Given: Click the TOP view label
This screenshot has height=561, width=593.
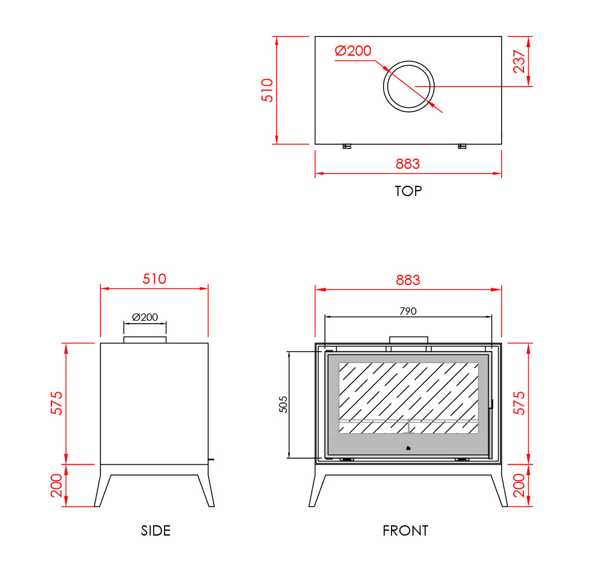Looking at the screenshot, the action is click(408, 191).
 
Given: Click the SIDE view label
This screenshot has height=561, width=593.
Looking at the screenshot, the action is click(156, 531).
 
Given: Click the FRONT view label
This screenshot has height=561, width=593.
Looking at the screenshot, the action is click(405, 531).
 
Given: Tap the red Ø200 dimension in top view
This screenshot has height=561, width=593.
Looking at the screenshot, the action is click(353, 51).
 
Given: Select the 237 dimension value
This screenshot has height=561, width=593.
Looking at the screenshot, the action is click(519, 61).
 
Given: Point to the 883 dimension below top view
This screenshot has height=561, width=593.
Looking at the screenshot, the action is click(408, 164).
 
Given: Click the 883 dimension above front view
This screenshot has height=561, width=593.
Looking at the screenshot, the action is click(408, 280).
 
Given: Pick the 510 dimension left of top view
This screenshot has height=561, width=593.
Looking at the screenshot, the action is click(267, 90).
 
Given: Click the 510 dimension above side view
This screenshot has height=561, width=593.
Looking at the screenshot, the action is click(154, 279).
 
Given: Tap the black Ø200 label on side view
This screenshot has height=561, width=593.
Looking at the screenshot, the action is click(145, 317).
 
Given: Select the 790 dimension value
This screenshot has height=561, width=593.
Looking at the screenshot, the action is click(408, 311).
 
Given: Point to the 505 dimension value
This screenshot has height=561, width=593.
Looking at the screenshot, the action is click(283, 404).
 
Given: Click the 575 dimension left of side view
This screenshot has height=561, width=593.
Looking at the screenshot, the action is click(56, 403).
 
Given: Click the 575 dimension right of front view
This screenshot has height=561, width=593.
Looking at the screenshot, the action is click(519, 403).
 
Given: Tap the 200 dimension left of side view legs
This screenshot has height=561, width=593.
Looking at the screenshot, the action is click(56, 485).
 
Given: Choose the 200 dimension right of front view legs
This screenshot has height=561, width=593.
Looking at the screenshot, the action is click(519, 485).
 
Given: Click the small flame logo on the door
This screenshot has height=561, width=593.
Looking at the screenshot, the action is click(408, 448).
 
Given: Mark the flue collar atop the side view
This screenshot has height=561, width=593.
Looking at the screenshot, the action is click(145, 340).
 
